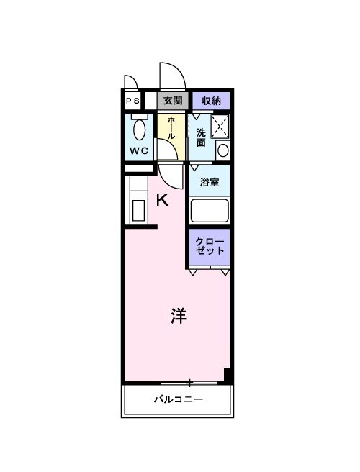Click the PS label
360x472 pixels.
133,101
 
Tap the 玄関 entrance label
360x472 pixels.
172,101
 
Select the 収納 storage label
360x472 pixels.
211,101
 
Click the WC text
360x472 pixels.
139,151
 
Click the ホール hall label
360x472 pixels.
171,128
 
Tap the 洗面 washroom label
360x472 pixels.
201,136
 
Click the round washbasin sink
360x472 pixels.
222,151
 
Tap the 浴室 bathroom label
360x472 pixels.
210,182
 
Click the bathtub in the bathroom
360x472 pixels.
210,210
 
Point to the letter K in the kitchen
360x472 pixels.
163,201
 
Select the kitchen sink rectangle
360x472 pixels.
138,212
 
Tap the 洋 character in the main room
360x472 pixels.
179,315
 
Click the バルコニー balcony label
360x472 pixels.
178,400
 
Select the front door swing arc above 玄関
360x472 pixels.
173,76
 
